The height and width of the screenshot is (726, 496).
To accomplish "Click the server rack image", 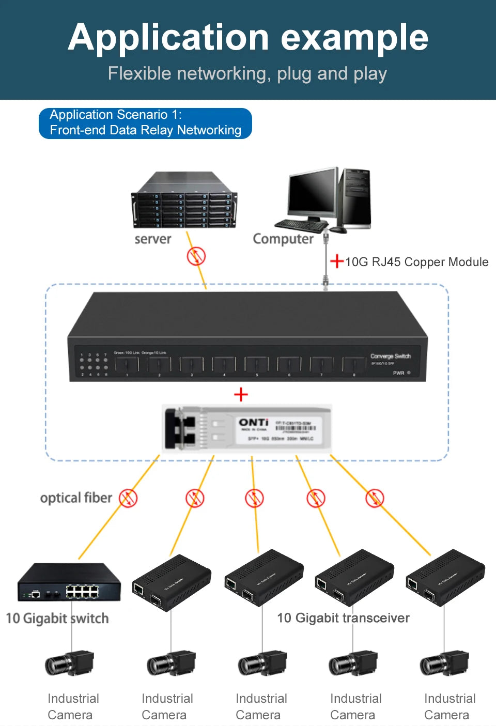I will pos(184,200).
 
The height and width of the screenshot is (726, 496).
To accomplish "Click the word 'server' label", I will pos(152,239).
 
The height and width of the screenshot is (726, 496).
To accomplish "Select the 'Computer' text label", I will pos(283,239).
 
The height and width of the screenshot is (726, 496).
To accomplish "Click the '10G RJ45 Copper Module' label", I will pos(416,262).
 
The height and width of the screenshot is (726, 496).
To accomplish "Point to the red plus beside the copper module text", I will pos(337,261).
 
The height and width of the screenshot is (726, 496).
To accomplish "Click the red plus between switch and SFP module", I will pos(241,395).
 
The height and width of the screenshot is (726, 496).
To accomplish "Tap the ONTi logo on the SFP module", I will pos(253,423).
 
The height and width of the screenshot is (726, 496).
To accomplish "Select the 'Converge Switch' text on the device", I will pos(390,356).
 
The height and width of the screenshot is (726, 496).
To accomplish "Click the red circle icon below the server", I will pos(196,256).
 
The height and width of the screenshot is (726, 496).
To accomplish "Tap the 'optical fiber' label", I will pos(76,498).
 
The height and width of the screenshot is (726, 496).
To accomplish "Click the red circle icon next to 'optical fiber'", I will pos(128,498).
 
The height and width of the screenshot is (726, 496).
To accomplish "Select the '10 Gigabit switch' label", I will pos(57,619).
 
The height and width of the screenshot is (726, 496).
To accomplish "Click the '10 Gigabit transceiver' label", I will pos(343,618).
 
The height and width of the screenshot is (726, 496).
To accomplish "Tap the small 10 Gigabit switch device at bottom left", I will pos(69,582).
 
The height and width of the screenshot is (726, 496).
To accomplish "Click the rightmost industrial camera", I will pos(444,664).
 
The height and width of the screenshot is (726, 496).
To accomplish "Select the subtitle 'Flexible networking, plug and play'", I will pos(247,74).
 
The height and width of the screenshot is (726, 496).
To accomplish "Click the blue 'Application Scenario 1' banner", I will pos(145,123).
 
